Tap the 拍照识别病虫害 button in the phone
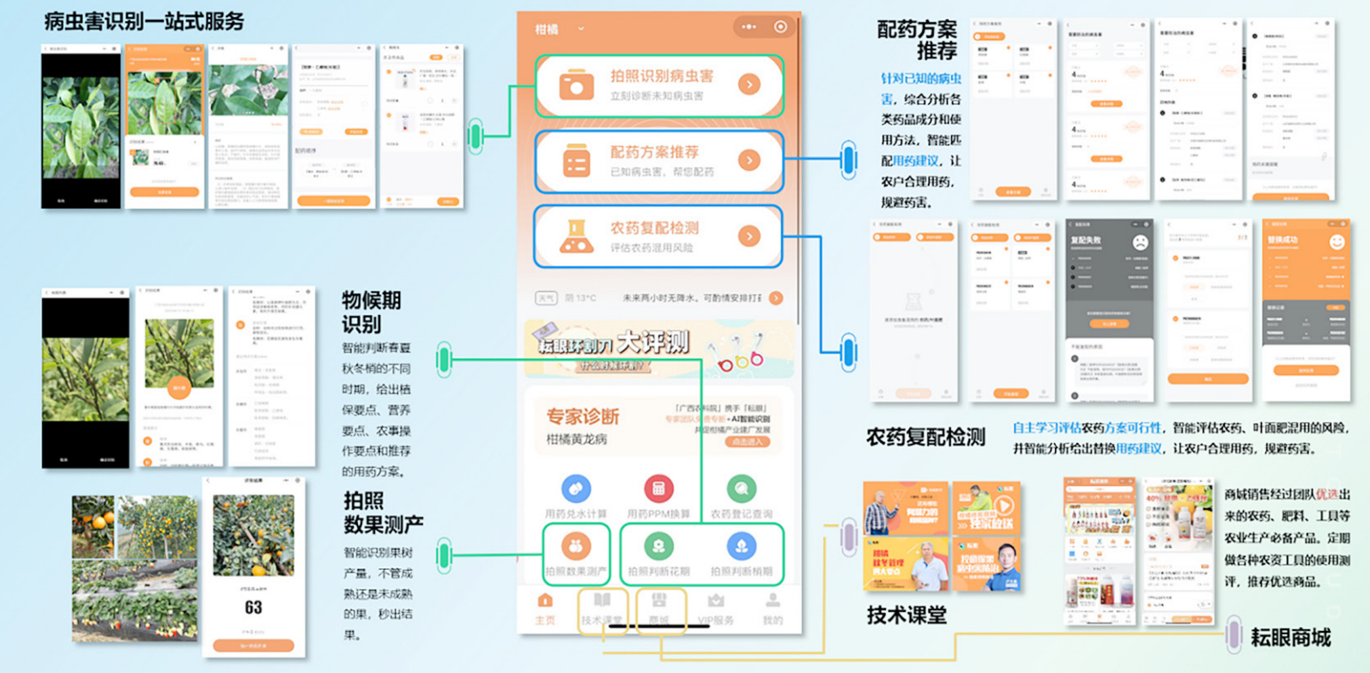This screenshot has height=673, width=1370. [658, 85]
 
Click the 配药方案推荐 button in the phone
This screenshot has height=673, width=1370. [658, 161]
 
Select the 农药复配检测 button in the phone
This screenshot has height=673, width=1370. [658, 236]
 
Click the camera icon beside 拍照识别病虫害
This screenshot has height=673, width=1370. [576, 86]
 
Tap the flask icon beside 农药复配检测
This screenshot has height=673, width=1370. [576, 237]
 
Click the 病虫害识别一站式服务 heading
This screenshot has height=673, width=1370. [144, 21]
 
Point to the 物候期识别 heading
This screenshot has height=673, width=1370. [371, 312]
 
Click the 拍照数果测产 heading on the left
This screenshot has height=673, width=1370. [383, 512]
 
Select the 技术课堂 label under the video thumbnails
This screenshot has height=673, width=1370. [906, 615]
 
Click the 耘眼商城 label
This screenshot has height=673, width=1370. [1289, 638]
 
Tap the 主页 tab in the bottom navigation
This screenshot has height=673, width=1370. [545, 609]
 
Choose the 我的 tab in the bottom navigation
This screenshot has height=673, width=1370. [773, 609]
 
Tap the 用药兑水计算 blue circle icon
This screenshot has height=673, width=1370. [575, 489]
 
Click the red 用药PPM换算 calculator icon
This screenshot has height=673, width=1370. [658, 489]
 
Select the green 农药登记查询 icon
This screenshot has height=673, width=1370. [741, 489]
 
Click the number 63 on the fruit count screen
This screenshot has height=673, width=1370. [253, 608]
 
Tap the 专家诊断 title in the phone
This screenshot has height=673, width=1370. [583, 417]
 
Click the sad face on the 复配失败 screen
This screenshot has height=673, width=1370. [1139, 242]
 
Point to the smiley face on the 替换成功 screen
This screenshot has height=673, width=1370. [1336, 242]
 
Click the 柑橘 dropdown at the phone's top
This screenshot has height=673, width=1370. [559, 29]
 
